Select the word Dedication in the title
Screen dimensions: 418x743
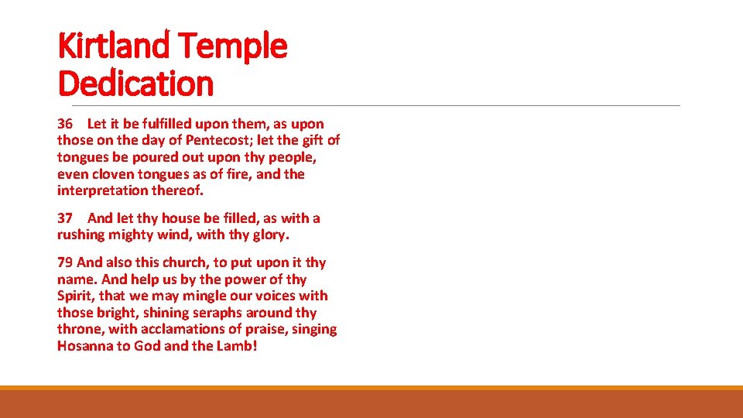click(135, 83)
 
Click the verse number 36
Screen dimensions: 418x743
click(65, 124)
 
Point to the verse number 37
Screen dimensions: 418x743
click(65, 218)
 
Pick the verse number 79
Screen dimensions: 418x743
click(65, 262)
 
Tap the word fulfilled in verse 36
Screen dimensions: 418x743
click(163, 124)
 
